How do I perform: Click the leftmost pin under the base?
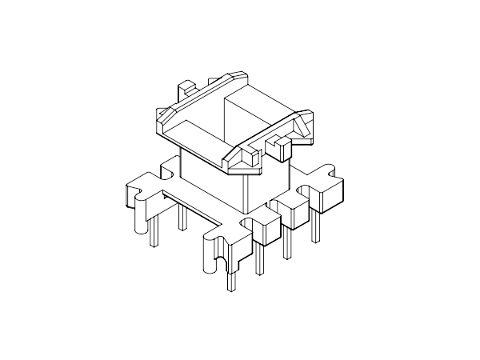point(152,231)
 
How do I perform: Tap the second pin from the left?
point(183,219)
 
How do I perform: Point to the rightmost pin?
point(318,227)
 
